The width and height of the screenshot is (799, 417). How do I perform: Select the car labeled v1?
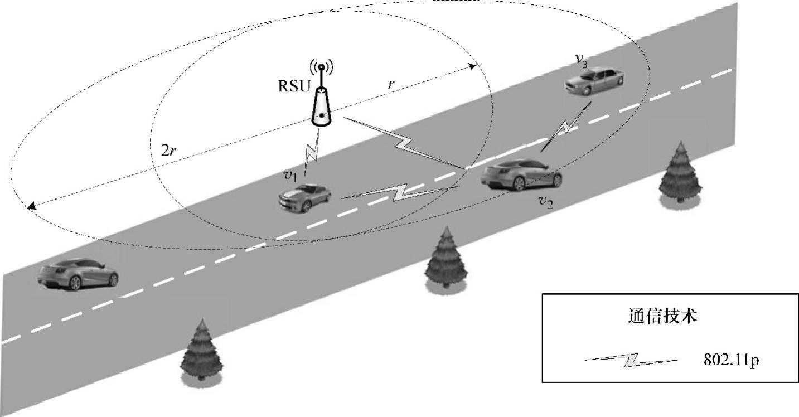(305, 196)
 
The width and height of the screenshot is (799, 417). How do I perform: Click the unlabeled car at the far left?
(78, 274)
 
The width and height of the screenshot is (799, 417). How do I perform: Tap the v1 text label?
(290, 175)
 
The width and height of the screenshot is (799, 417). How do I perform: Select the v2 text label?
(545, 201)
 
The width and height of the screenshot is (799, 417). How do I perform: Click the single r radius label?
(391, 85)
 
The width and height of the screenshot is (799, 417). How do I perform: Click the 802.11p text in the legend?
(731, 361)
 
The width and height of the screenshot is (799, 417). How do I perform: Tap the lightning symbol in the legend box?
(631, 361)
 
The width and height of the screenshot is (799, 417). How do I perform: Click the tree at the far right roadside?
(680, 173)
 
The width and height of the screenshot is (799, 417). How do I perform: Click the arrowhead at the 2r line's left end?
(30, 206)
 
